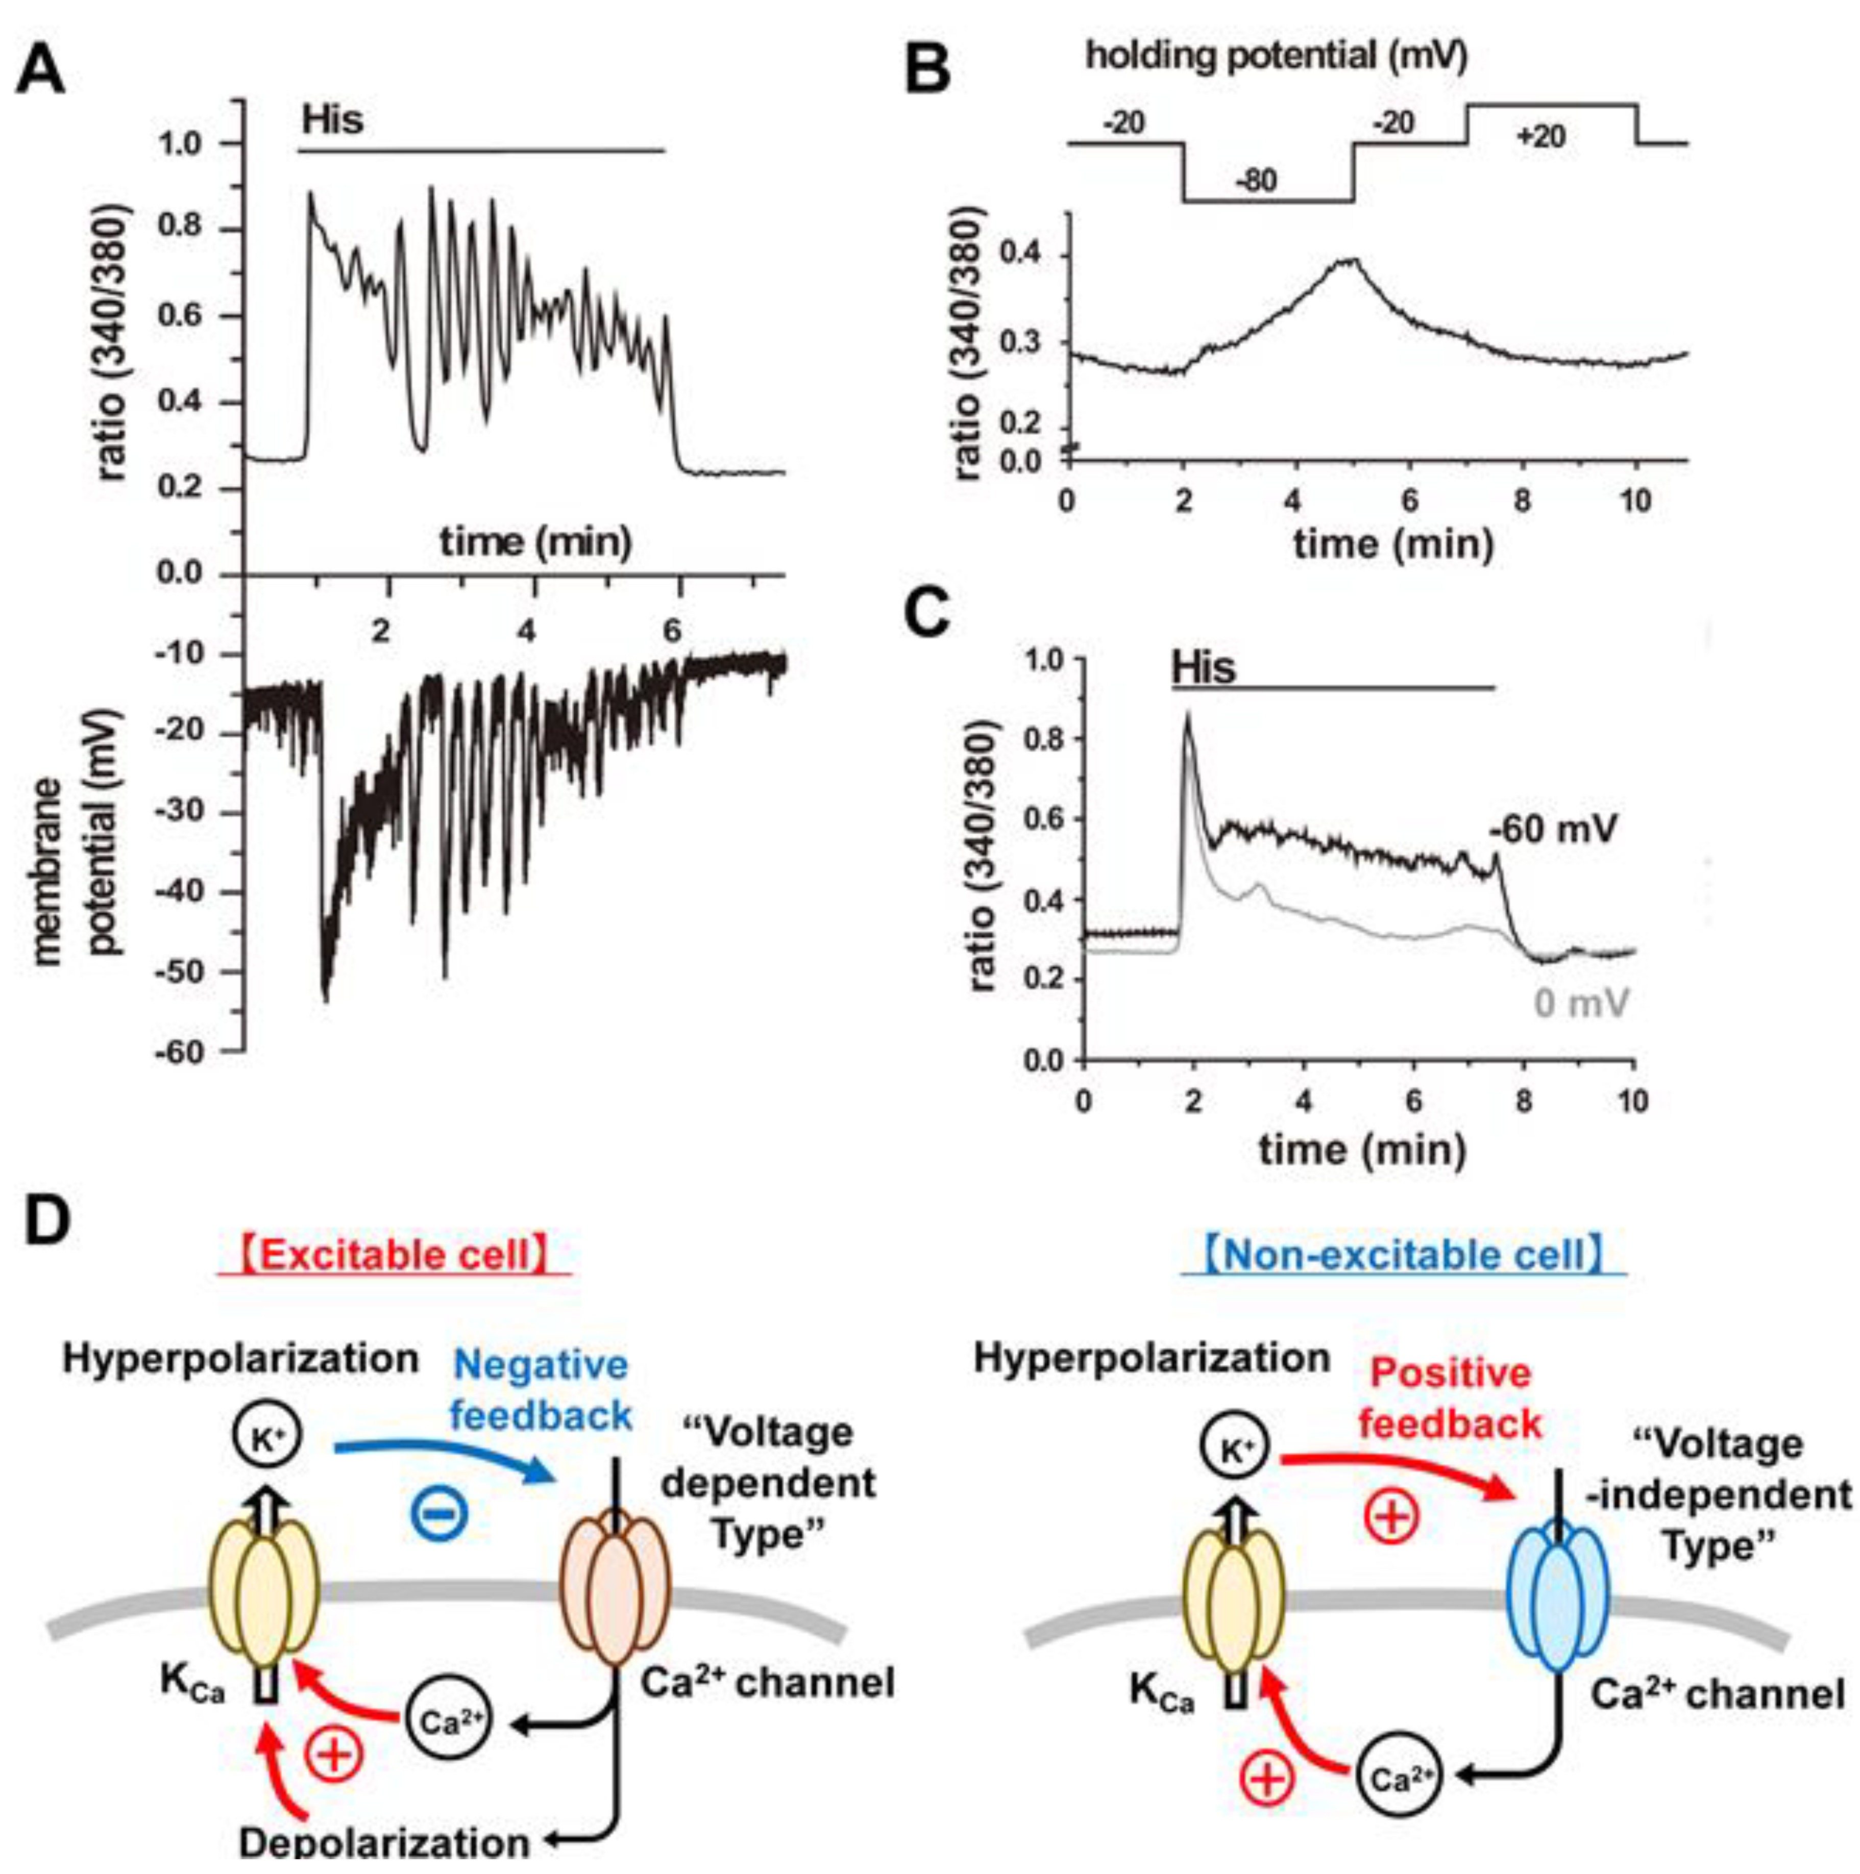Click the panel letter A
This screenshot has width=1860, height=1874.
(41, 70)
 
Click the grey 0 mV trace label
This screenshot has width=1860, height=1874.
(1581, 1002)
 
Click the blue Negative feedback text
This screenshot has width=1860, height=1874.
(541, 1390)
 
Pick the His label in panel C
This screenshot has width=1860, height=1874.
(1203, 667)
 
